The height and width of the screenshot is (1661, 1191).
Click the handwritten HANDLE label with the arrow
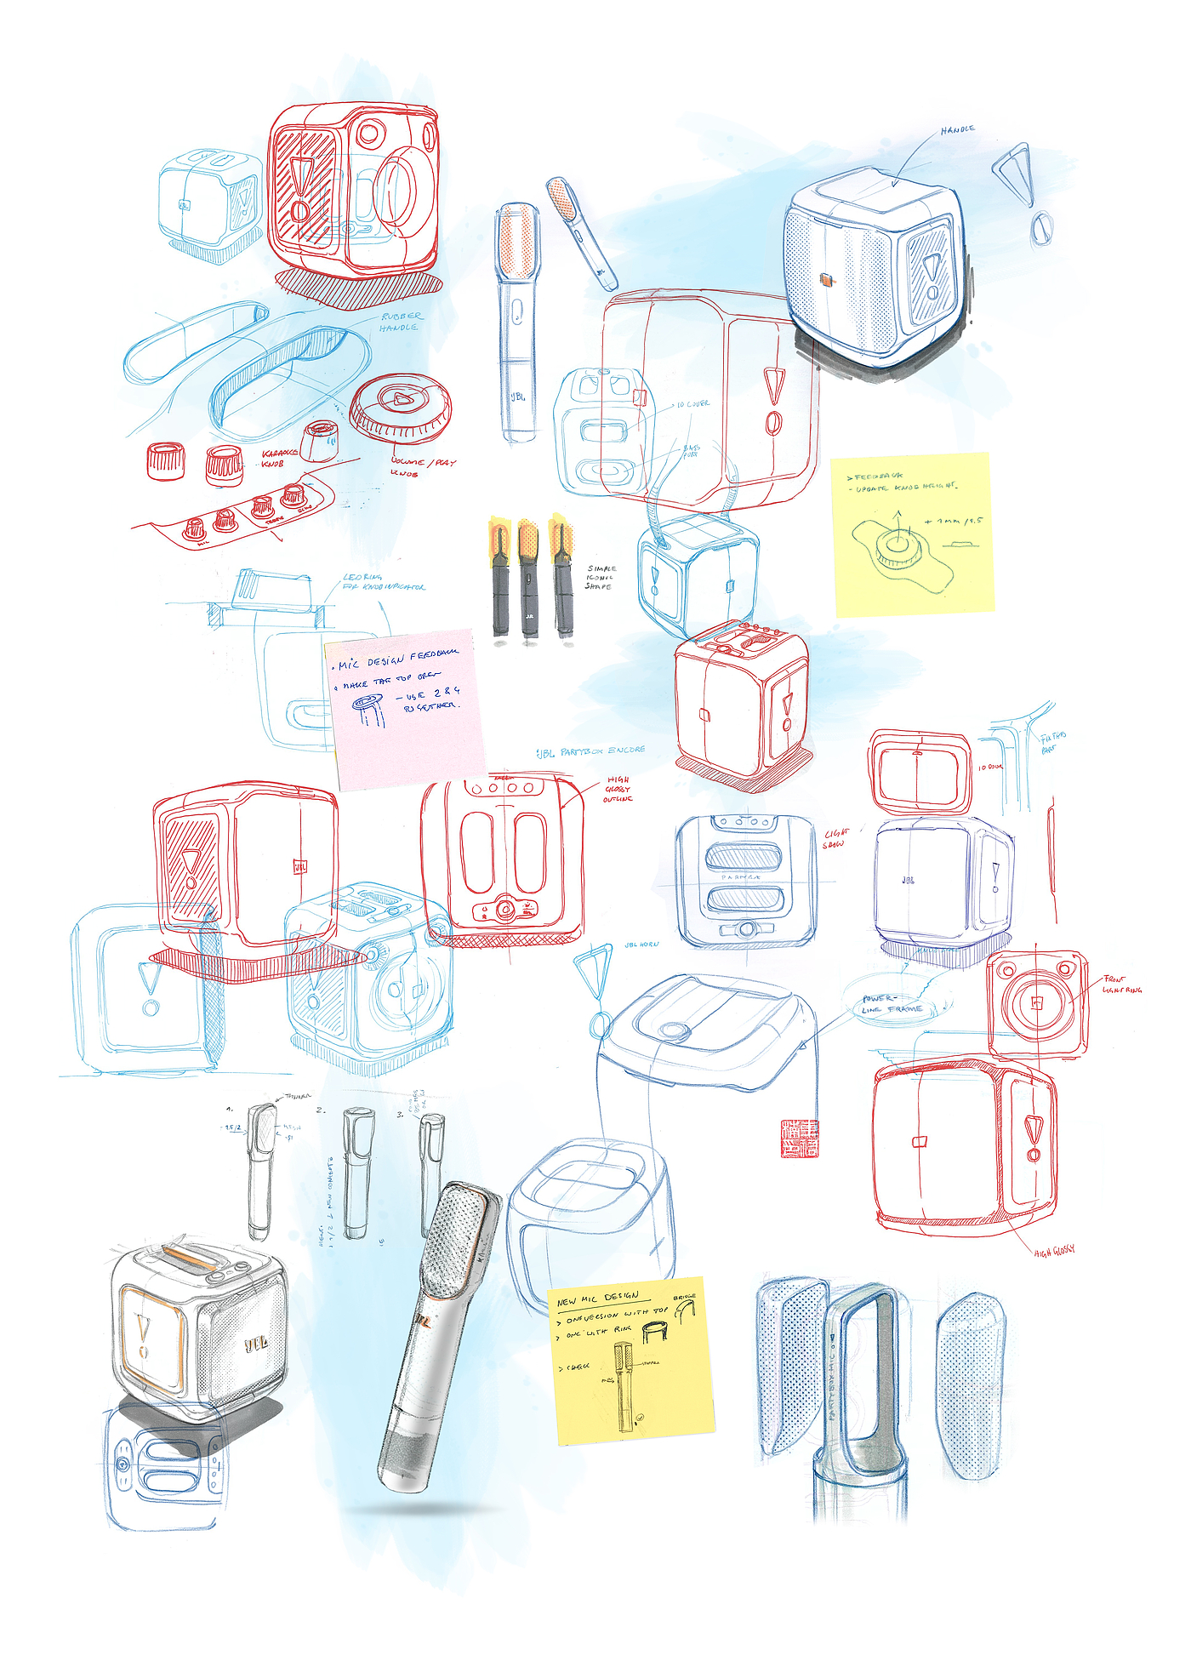(957, 130)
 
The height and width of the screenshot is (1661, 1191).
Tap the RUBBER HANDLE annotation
(400, 322)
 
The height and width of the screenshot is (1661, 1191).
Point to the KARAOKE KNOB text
(280, 458)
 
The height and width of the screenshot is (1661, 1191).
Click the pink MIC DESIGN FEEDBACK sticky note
(404, 706)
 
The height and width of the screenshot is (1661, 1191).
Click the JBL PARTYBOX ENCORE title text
(590, 751)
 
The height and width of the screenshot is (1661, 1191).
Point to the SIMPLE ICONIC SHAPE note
(601, 577)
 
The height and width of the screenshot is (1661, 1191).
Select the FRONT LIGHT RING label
(1122, 985)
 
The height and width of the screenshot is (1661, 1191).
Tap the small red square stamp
(800, 1139)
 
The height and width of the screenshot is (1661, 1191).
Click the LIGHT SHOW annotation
(835, 838)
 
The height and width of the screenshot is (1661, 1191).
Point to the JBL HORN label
(641, 945)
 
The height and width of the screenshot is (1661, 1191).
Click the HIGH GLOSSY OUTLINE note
(618, 789)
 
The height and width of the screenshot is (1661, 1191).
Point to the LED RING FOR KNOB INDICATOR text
(383, 582)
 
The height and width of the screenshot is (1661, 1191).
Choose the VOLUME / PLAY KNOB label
(422, 466)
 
